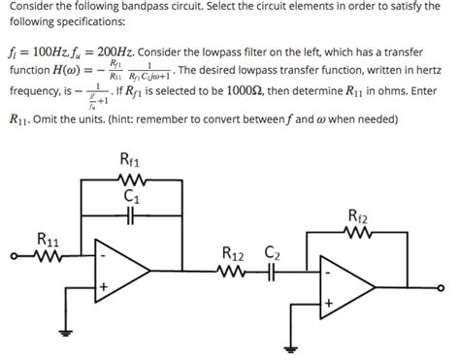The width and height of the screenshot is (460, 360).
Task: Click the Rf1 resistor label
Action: coord(129,159)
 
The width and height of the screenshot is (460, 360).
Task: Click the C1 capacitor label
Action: coord(133,197)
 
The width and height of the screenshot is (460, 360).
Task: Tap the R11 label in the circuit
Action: coord(46,238)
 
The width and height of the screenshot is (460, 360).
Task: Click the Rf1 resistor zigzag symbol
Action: coord(131,178)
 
